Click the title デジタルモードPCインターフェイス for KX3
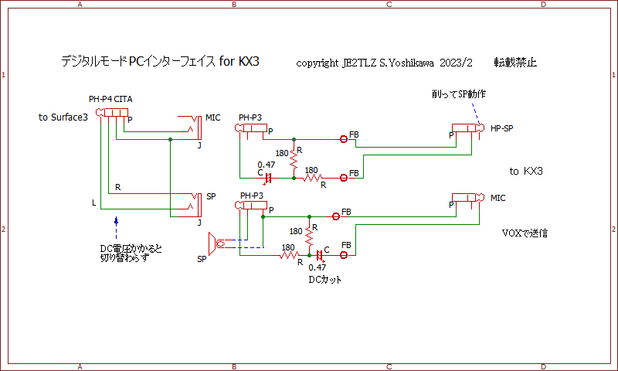[159, 61]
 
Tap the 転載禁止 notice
[516, 62]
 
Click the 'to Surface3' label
[69, 117]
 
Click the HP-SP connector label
[501, 128]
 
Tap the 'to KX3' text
[526, 170]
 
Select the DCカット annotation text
[324, 280]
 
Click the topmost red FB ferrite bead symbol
[344, 139]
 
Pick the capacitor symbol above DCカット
[319, 254]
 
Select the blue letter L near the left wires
[93, 203]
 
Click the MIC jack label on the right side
[498, 199]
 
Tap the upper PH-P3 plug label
[250, 117]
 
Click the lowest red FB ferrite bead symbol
[344, 254]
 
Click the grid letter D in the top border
[543, 5]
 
